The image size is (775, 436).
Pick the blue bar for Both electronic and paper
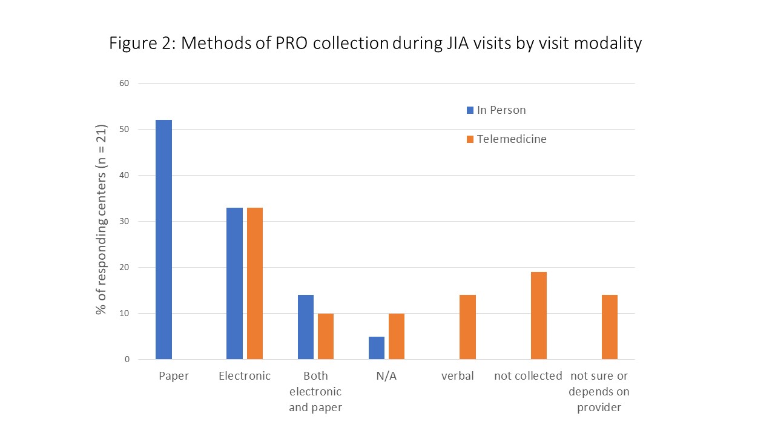tap(306, 327)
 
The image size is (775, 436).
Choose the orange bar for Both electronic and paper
tap(326, 336)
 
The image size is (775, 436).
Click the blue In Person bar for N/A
tap(377, 348)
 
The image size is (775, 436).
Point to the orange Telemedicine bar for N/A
tap(397, 336)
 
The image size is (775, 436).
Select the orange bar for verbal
tap(467, 327)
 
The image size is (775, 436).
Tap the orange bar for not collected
tap(539, 315)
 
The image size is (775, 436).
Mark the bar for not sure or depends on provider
tap(610, 327)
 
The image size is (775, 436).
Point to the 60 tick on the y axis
tap(124, 83)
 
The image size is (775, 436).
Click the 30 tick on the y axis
tap(124, 221)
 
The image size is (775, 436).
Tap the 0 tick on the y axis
tap(127, 359)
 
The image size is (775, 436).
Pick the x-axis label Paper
tap(174, 376)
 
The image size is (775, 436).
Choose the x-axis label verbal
tap(457, 376)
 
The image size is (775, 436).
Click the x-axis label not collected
tap(528, 376)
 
